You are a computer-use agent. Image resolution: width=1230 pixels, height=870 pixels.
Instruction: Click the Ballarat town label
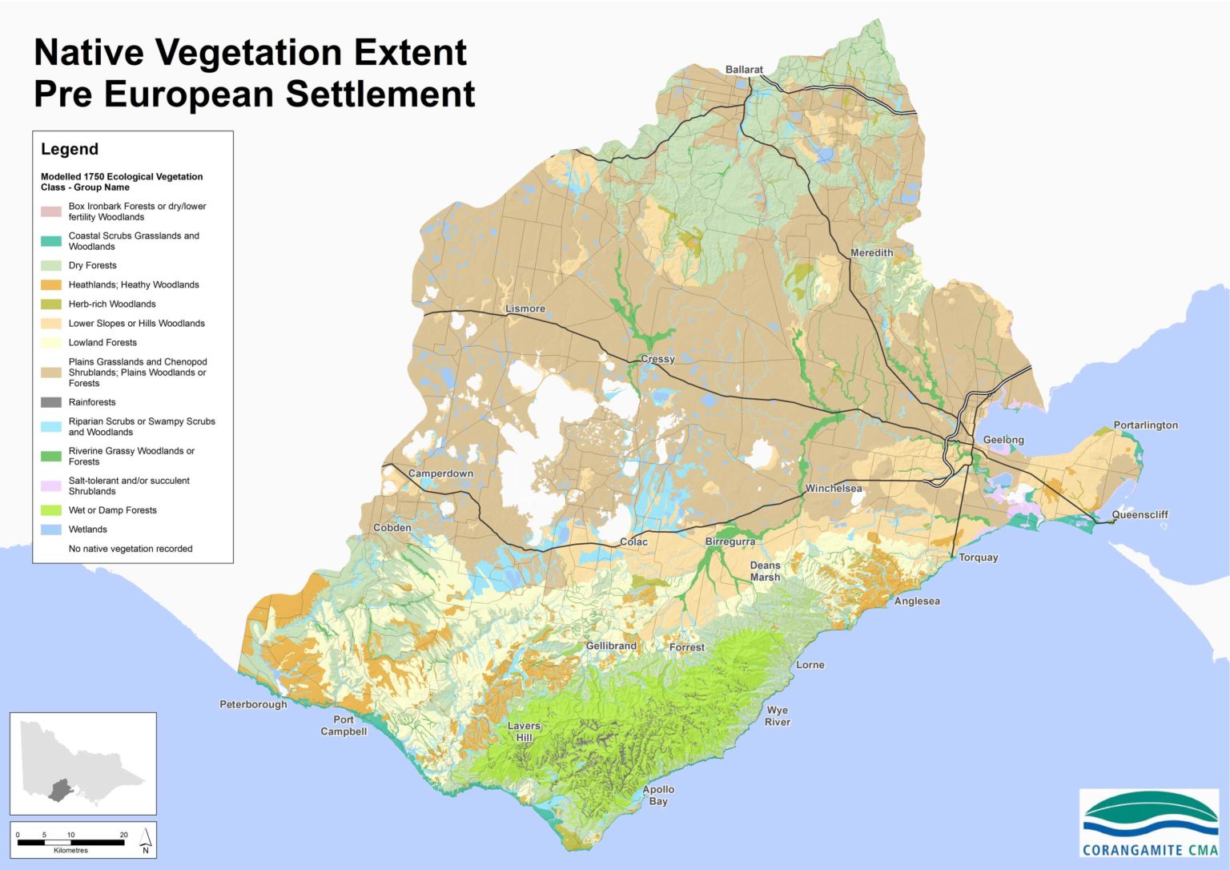(x=744, y=70)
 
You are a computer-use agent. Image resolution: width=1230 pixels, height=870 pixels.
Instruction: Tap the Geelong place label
(x=1003, y=440)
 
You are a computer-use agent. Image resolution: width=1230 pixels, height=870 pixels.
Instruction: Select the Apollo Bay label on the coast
(x=658, y=795)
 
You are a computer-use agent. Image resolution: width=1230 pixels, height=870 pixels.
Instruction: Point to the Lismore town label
(x=525, y=308)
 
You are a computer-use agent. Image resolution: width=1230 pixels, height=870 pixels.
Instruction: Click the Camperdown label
(x=440, y=473)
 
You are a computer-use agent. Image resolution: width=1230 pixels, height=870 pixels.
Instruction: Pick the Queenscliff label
(x=1140, y=514)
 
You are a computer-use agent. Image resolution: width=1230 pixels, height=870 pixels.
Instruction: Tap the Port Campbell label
(x=344, y=725)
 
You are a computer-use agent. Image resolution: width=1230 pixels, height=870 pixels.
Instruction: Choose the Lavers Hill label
(x=525, y=731)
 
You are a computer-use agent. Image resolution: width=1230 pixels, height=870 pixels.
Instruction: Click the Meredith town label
(x=871, y=252)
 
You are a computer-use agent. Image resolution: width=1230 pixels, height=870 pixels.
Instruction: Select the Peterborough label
(x=253, y=704)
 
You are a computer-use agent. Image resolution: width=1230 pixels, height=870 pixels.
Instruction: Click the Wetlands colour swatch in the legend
(x=51, y=530)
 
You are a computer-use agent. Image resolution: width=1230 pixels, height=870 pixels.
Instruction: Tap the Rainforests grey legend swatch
(x=51, y=402)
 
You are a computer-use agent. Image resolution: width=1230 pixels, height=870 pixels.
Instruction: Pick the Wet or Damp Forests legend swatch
(x=51, y=510)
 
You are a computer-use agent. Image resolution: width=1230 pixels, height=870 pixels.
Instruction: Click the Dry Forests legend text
(x=92, y=265)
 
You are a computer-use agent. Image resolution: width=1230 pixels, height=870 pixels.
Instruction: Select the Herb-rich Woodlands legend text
(x=112, y=304)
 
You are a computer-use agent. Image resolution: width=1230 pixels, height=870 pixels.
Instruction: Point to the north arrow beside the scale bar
(x=146, y=840)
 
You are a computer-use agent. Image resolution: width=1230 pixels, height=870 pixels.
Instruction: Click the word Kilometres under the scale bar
(x=70, y=850)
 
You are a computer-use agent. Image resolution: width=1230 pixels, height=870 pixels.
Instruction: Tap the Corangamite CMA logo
(x=1149, y=824)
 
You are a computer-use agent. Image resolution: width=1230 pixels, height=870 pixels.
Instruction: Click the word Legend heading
(x=70, y=149)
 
